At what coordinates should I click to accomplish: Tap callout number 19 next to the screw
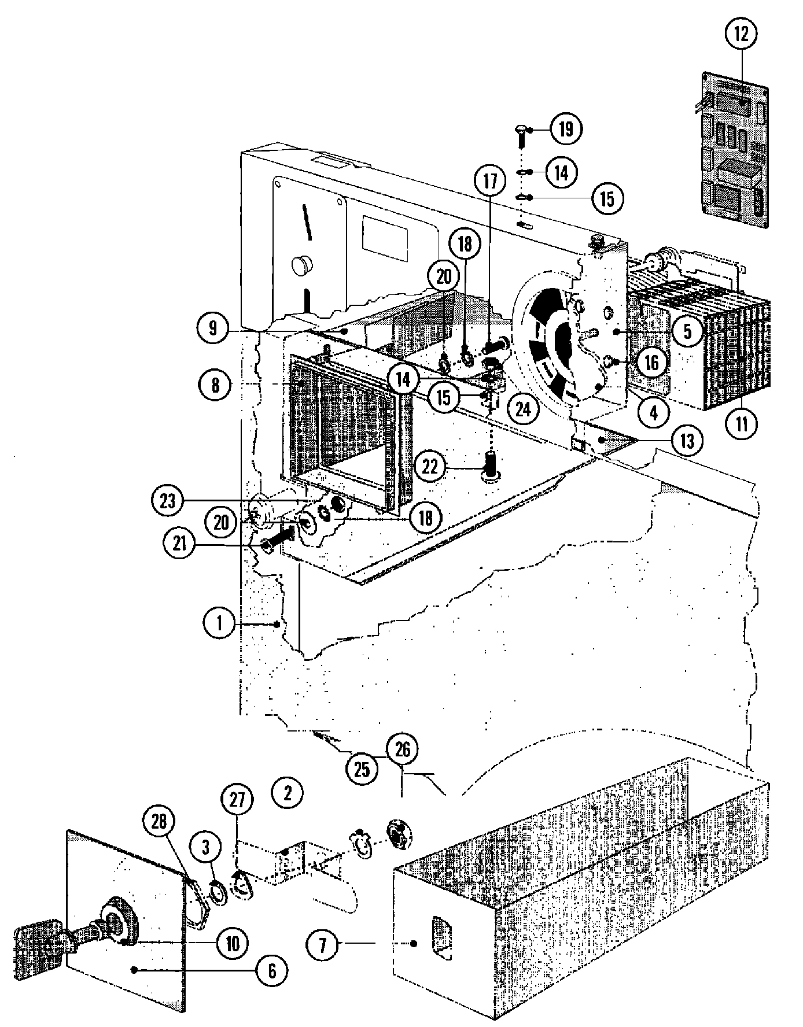565,129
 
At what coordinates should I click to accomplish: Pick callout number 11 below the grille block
742,424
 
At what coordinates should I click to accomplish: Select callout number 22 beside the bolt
430,467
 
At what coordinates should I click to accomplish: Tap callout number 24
522,409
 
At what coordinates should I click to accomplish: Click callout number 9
213,328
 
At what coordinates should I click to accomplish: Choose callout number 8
215,385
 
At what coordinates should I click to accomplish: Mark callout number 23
167,501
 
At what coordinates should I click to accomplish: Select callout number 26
402,750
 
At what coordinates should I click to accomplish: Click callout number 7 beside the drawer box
322,945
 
